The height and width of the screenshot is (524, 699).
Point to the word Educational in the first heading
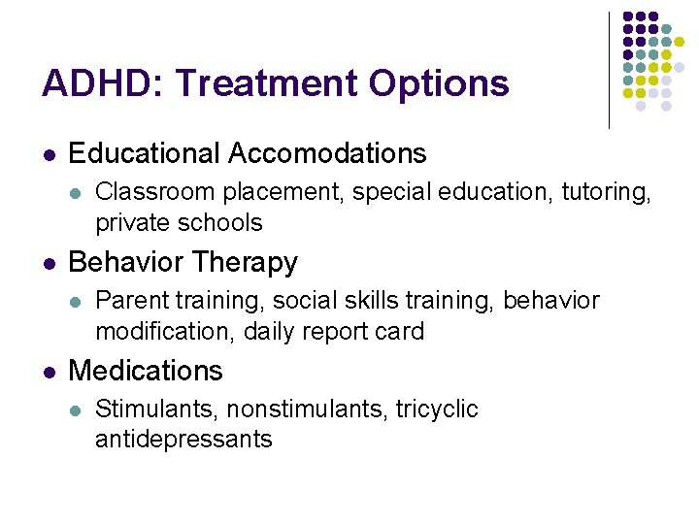pos(145,153)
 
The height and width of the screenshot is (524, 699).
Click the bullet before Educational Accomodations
pos(49,154)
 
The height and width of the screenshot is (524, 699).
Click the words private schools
pos(179,223)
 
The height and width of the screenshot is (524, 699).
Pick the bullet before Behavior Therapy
pos(49,263)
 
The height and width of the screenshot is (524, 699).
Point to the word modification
pos(165,332)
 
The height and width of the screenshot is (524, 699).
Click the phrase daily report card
pos(334,332)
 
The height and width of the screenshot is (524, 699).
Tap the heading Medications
pos(146,371)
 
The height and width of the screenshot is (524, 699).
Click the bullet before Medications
pos(49,372)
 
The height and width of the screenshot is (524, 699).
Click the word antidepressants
pos(183,440)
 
